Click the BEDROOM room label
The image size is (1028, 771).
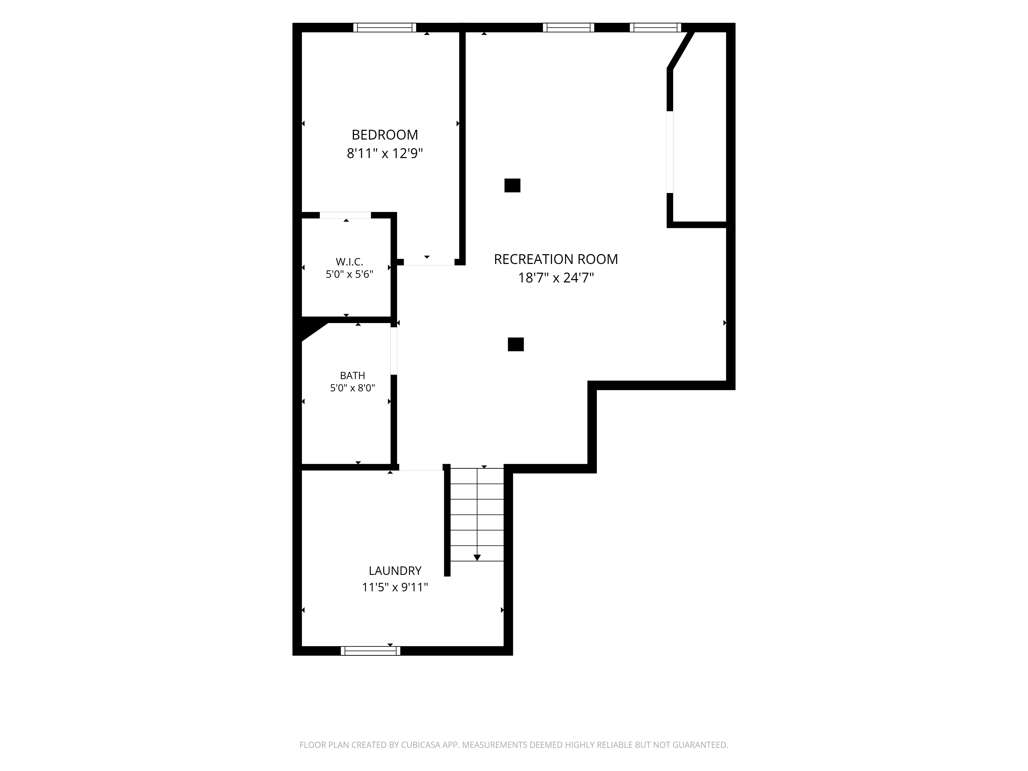(x=385, y=135)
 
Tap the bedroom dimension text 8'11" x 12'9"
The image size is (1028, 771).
(x=385, y=153)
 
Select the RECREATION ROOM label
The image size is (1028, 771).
(x=556, y=259)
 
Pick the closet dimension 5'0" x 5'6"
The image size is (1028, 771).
(x=350, y=274)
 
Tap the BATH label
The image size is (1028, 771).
(x=353, y=375)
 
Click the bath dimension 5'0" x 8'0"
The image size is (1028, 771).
(x=353, y=388)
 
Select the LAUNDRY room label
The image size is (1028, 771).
(x=395, y=571)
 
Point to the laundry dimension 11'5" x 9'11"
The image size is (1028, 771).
(x=395, y=588)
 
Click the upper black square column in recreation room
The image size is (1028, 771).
(x=512, y=186)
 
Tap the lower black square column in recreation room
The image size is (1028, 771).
(x=516, y=344)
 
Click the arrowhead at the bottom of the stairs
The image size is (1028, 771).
(x=477, y=558)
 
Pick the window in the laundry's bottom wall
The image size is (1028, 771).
(x=370, y=651)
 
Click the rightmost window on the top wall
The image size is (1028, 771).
(x=655, y=27)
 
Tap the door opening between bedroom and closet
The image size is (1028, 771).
(x=345, y=215)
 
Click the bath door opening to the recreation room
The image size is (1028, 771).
(x=394, y=351)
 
